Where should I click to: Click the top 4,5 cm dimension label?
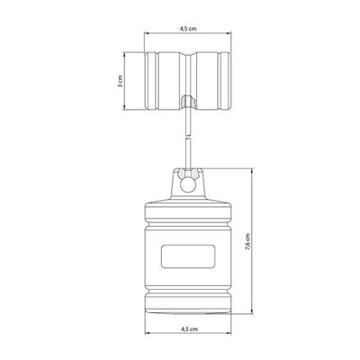(x=188, y=29)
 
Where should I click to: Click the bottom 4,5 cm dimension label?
(x=190, y=328)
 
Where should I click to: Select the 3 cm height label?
(x=120, y=81)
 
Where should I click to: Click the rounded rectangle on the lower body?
(x=188, y=256)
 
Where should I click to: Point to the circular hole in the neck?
(x=188, y=185)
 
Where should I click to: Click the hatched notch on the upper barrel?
(x=188, y=102)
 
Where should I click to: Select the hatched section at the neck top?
(x=188, y=174)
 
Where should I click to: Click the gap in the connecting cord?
(x=188, y=137)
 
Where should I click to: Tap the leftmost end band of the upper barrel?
(x=150, y=81)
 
